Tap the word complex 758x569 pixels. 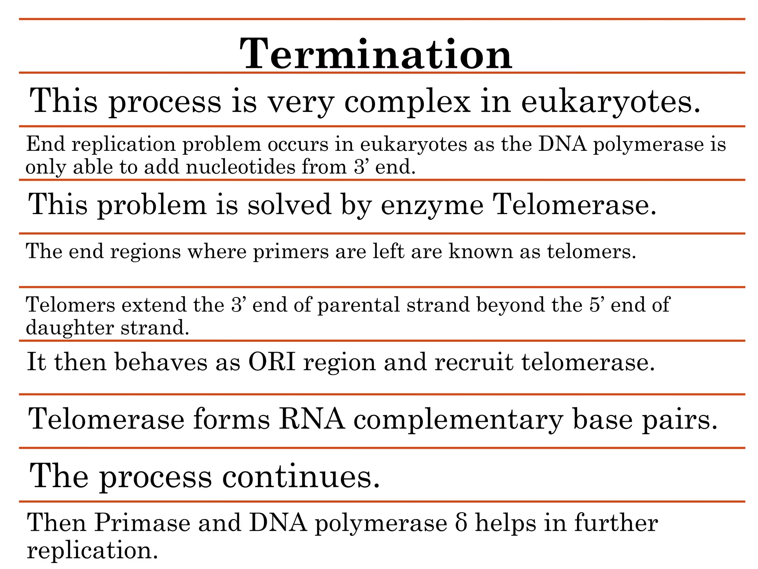(407, 102)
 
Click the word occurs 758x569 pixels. (298, 144)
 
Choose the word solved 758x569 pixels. (289, 204)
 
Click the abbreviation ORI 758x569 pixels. (272, 362)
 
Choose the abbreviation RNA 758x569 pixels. (312, 419)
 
